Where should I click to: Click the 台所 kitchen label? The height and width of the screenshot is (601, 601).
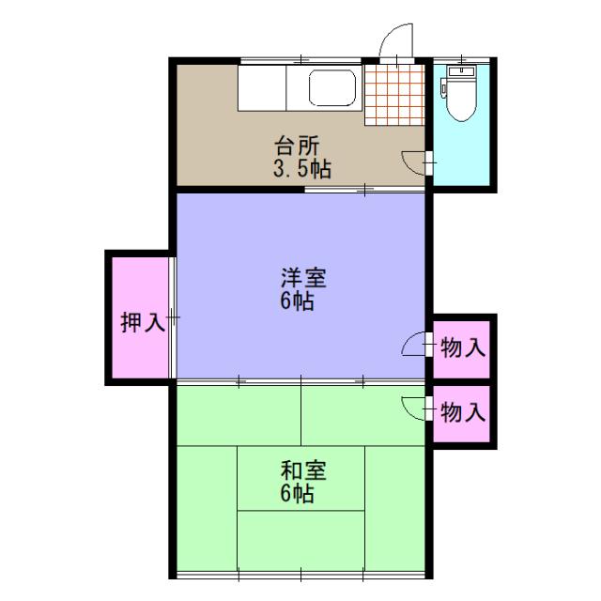pos(298,146)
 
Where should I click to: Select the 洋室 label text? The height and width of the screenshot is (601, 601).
pos(303,279)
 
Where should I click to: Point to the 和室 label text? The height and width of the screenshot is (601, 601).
pos(302,470)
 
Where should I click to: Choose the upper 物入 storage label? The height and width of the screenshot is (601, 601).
pos(463,347)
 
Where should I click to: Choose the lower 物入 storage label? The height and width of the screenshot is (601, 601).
pos(463,411)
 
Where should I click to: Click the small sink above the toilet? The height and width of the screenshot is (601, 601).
pos(462,71)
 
